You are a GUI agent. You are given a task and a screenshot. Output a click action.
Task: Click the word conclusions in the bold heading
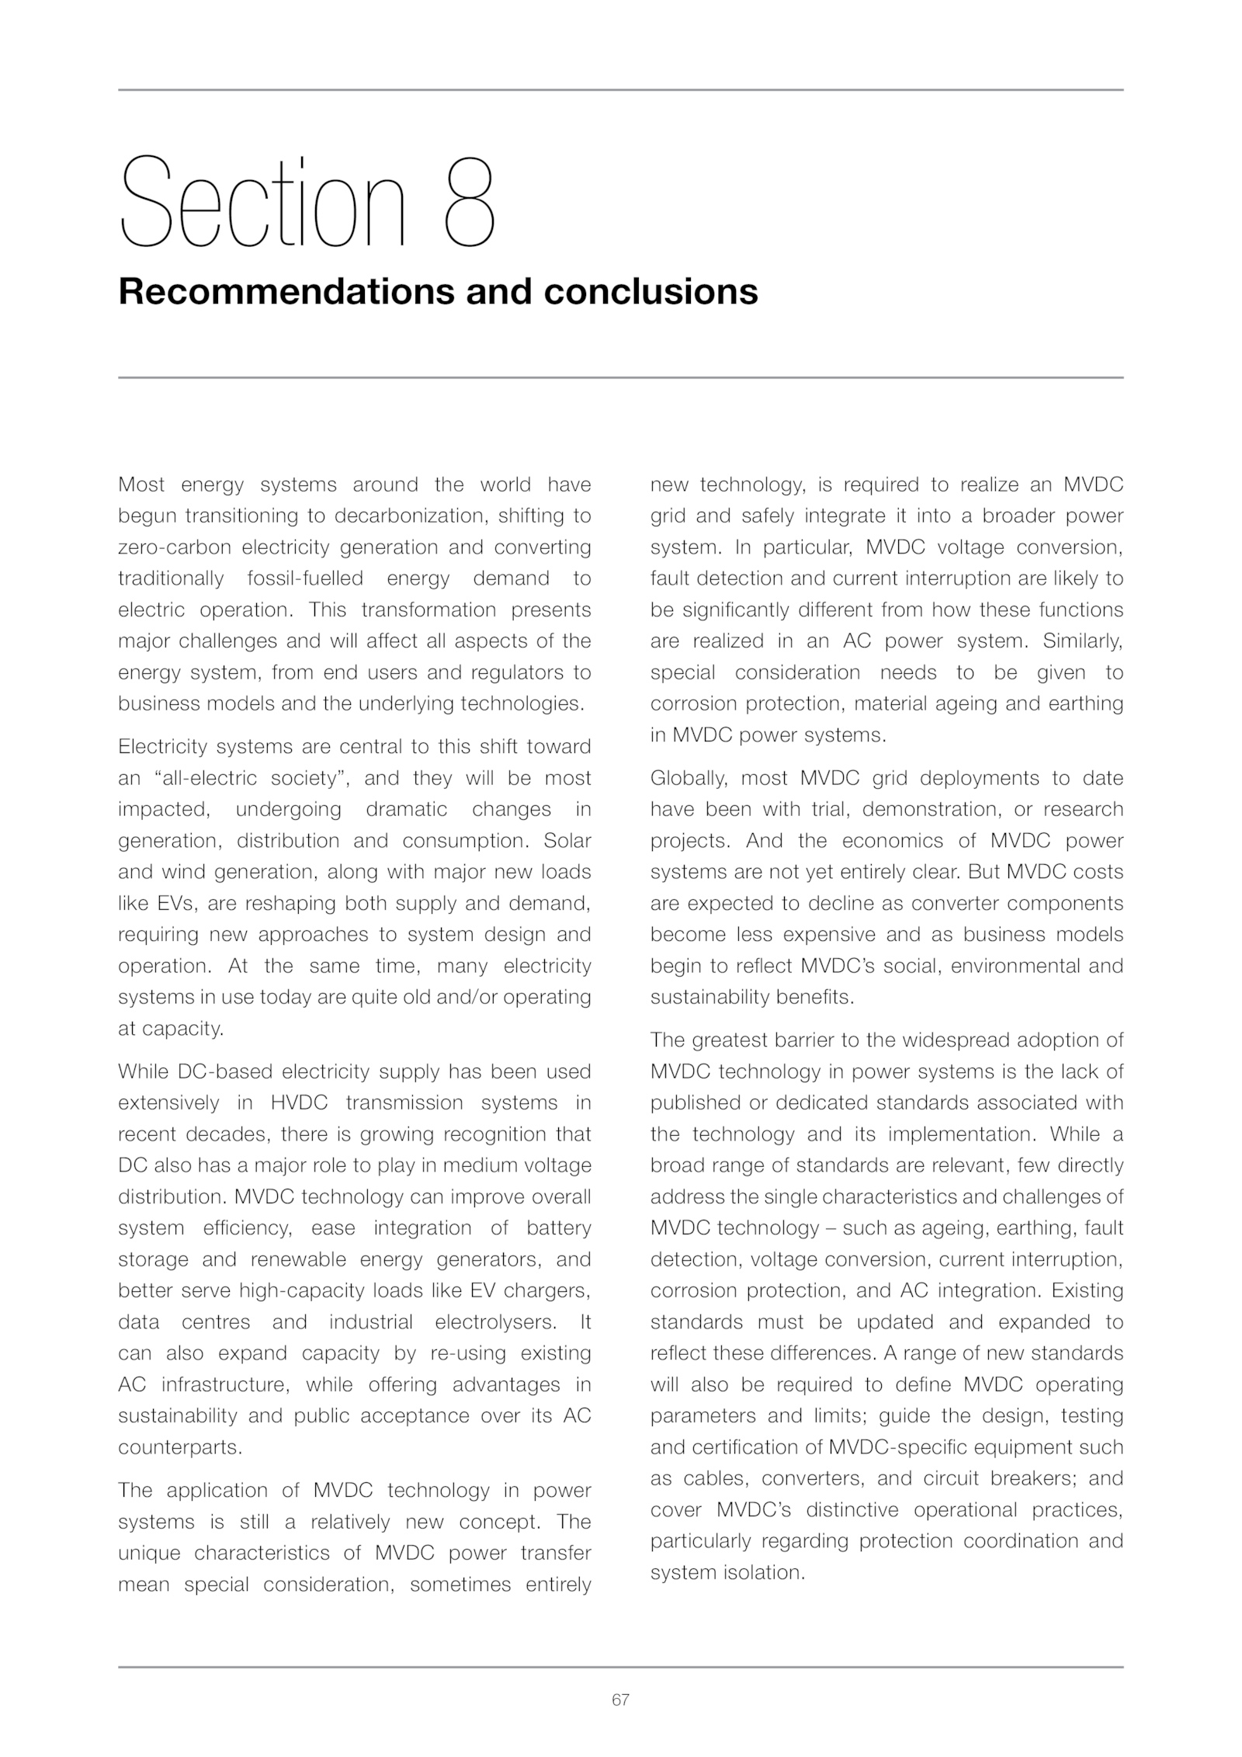[x=650, y=292]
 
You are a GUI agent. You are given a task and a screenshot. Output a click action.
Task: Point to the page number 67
[x=620, y=1700]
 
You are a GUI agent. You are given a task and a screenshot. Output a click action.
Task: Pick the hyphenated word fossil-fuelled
[x=305, y=578]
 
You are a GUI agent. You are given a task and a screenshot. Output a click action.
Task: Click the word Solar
[x=567, y=841]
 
